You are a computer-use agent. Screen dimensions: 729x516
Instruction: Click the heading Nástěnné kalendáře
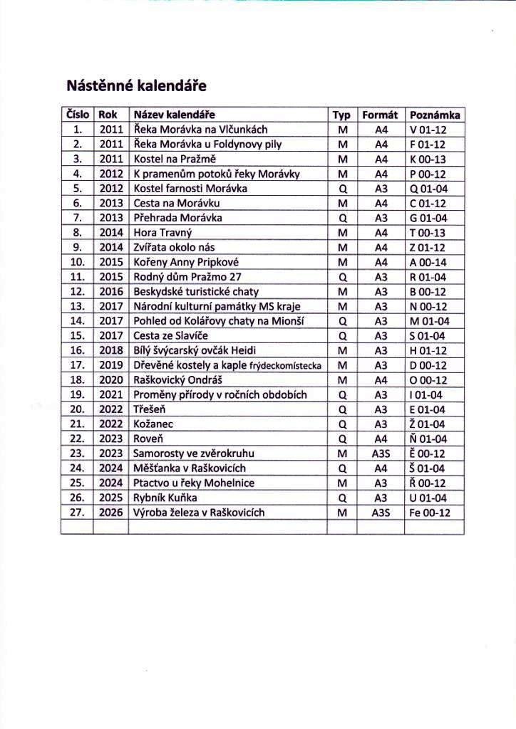pos(136,87)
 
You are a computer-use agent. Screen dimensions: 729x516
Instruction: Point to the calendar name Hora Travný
pos(163,232)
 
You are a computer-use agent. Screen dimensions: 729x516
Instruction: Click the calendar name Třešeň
pos(149,409)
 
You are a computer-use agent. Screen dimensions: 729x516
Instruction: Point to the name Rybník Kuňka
pos(165,498)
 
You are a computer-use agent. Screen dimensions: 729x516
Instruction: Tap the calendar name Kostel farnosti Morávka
pos(190,189)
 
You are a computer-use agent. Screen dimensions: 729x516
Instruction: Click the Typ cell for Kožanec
pos(342,424)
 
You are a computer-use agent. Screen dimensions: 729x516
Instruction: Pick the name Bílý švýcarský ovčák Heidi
pos(195,350)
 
